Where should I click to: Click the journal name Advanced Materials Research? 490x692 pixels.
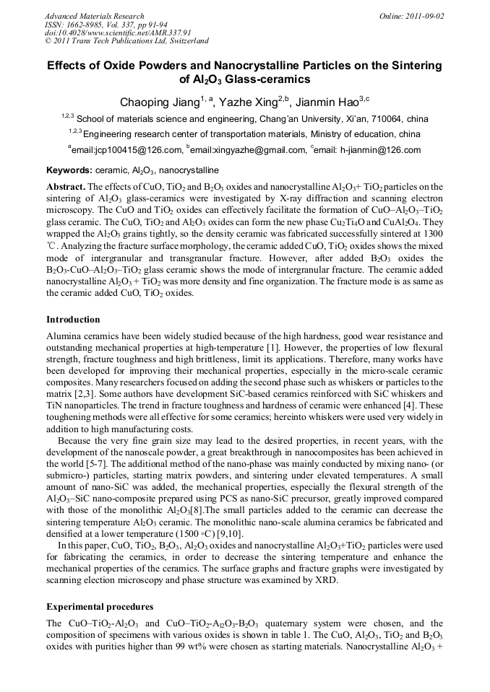94,16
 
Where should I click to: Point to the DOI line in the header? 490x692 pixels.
108,33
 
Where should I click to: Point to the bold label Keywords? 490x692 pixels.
69,170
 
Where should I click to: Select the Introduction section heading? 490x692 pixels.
73,319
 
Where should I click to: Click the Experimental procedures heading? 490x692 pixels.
100,606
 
